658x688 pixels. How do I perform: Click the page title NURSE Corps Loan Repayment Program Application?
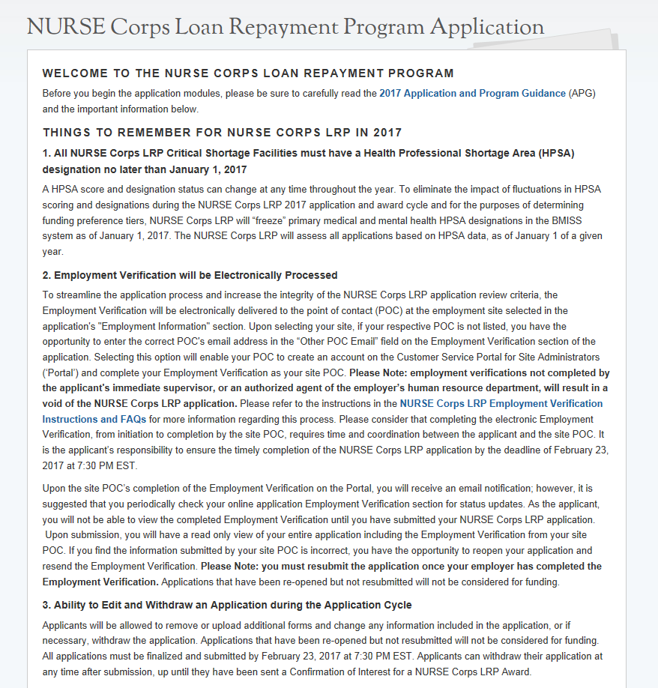(286, 27)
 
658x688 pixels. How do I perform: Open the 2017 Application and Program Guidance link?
(472, 94)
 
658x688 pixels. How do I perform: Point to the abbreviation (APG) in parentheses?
(582, 94)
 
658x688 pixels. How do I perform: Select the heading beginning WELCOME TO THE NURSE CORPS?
(248, 73)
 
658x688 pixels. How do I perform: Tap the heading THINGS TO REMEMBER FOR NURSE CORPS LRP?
(223, 133)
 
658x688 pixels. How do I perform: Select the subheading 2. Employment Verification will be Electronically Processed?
(190, 275)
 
